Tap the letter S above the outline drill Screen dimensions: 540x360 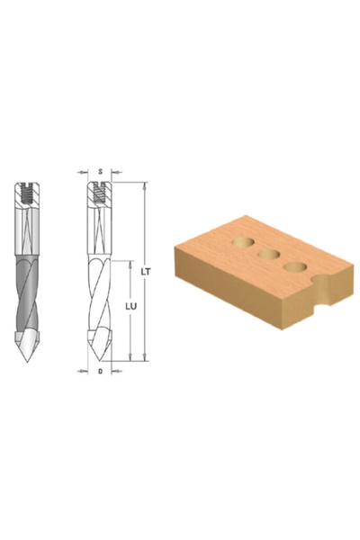click(x=99, y=170)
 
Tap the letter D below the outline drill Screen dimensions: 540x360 click(x=99, y=371)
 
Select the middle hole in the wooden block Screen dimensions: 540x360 click(x=266, y=256)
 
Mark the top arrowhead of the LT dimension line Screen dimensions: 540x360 click(x=143, y=185)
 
